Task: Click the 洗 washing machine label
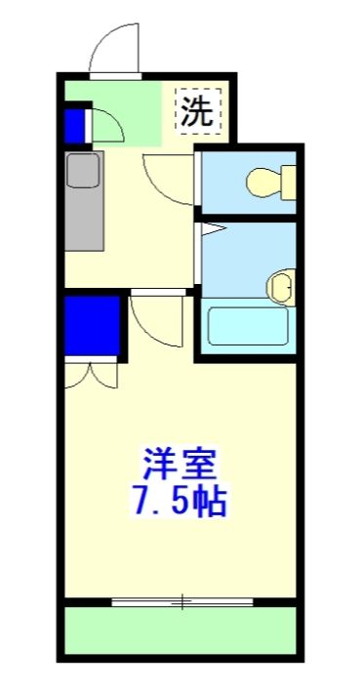pyautogui.click(x=199, y=110)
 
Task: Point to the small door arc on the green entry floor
pyautogui.click(x=105, y=125)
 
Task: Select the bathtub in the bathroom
pyautogui.click(x=250, y=325)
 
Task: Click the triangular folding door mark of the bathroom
pyautogui.click(x=212, y=231)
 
